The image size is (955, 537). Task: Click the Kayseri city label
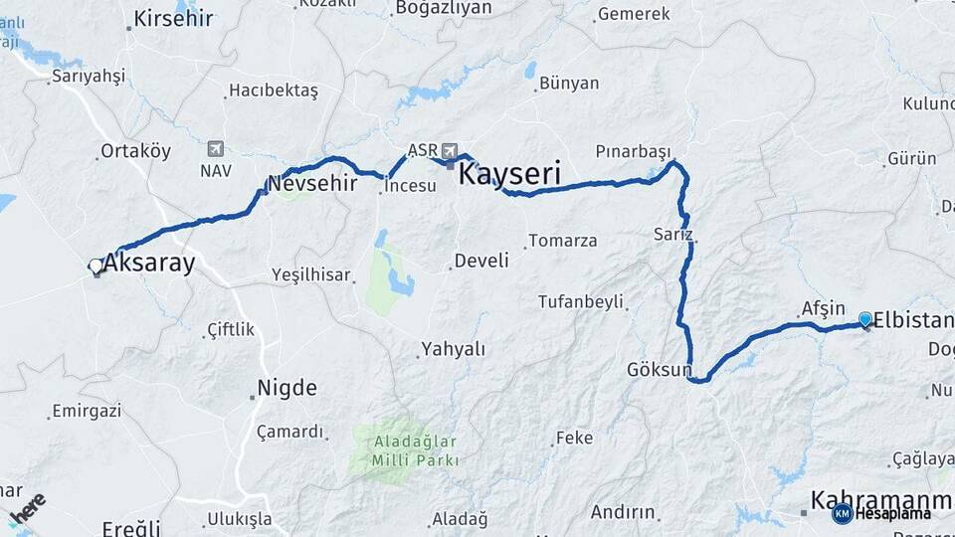point(509,175)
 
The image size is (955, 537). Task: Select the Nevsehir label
point(312,183)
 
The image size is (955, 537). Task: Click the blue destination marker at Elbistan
point(865,319)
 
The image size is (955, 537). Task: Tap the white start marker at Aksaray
point(95,266)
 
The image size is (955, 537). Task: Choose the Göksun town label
point(659,370)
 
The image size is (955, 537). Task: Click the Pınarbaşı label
point(634,151)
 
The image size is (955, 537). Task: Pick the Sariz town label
point(672,235)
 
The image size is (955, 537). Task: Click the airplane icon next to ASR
point(451,150)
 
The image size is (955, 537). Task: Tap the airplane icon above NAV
point(215,149)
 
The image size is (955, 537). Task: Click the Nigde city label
point(286,387)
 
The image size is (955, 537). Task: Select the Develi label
point(481,261)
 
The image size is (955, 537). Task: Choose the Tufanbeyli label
point(581,301)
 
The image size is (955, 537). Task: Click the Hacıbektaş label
point(274,90)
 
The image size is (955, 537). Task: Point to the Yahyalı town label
point(453,349)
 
